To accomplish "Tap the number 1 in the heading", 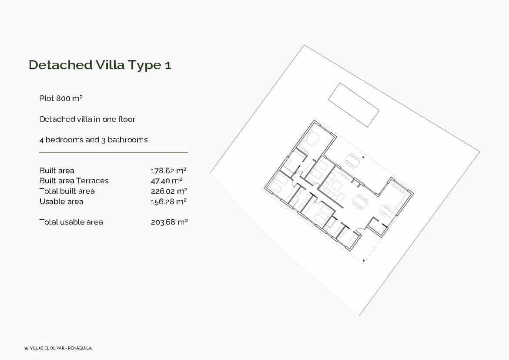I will (168, 65).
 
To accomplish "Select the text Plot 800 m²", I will (61, 98).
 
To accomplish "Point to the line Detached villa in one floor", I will (87, 119).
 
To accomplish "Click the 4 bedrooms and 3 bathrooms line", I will (94, 140).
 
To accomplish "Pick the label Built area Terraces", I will (74, 181).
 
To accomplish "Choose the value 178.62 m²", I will (169, 171).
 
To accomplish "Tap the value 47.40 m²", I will (166, 181).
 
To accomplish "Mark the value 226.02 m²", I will (169, 191).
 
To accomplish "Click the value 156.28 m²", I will (169, 202).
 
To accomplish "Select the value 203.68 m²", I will (169, 222).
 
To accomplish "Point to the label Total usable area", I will (71, 222).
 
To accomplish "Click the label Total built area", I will (67, 191).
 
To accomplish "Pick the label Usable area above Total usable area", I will (61, 202).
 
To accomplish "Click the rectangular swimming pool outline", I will (353, 105).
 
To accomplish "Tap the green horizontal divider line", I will (114, 153).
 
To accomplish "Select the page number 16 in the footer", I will (26, 349).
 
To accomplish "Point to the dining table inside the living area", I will (360, 202).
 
